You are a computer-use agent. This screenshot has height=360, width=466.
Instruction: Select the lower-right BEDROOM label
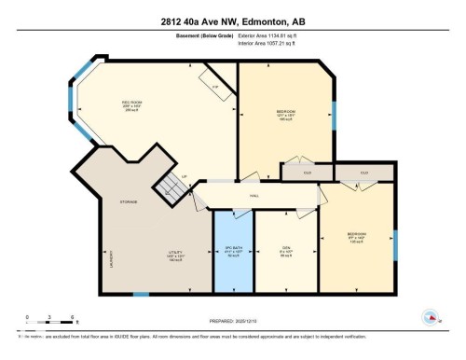(356, 233)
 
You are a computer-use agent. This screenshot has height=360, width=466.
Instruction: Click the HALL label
(254, 195)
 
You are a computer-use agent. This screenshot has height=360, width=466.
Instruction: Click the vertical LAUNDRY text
(112, 258)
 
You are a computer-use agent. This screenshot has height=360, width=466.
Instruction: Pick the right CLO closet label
(364, 173)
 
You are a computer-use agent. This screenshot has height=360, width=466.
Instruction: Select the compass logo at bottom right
(430, 318)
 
